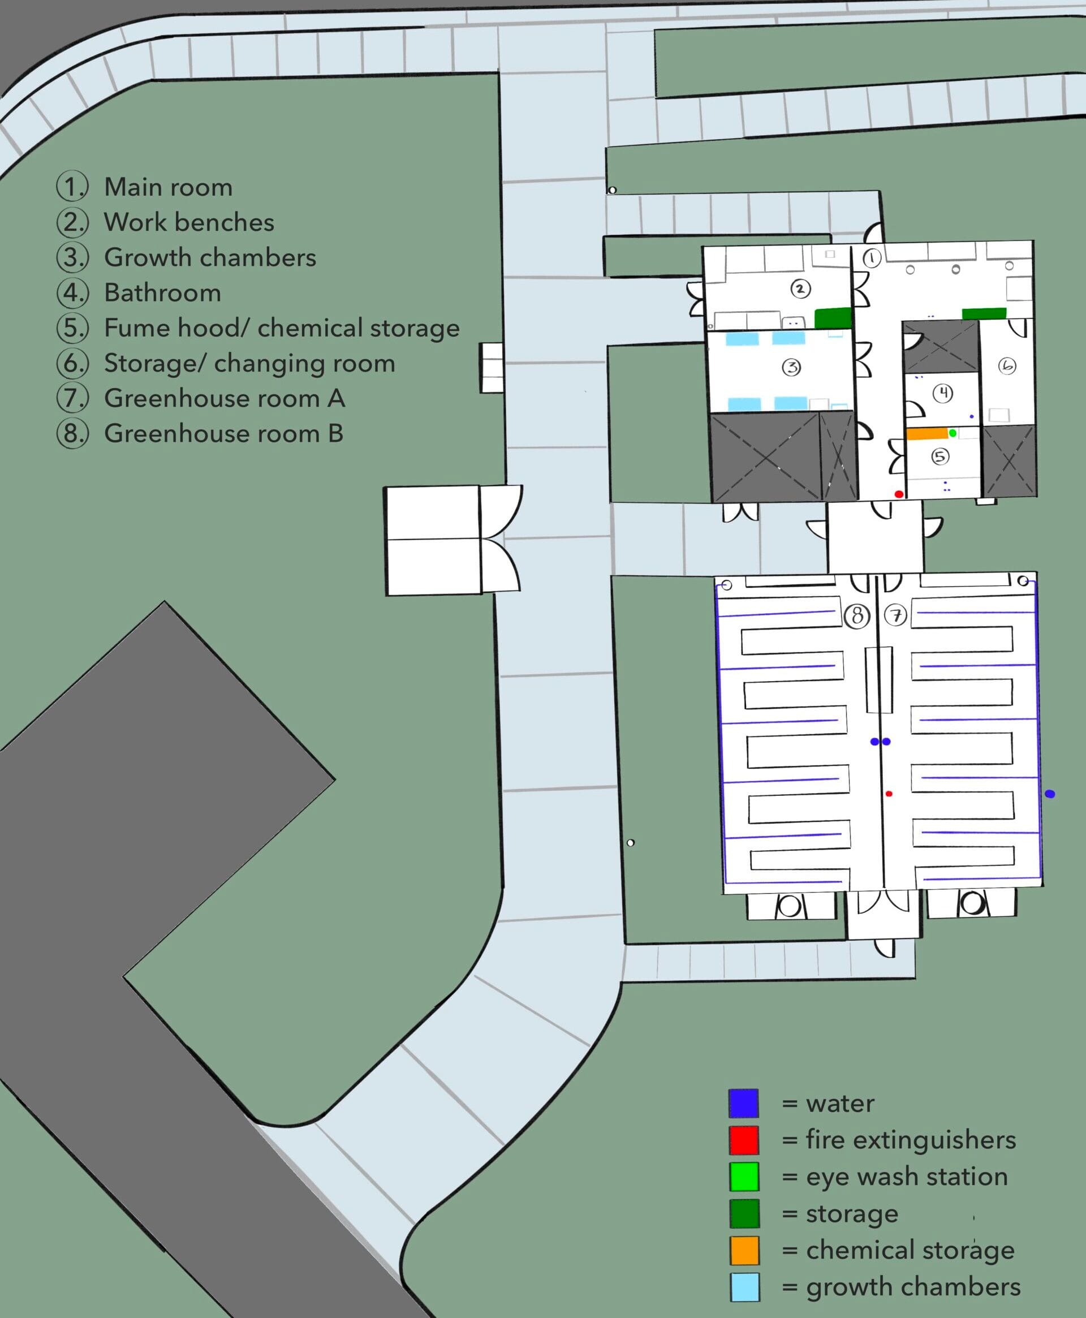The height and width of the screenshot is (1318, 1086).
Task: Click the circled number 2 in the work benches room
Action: tap(800, 288)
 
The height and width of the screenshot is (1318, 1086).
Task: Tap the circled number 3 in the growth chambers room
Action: tap(791, 367)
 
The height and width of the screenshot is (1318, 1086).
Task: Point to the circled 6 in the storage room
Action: tap(1007, 366)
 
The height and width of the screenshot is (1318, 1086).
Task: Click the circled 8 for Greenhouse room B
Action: tap(857, 616)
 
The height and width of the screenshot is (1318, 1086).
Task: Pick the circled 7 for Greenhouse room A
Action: tap(895, 615)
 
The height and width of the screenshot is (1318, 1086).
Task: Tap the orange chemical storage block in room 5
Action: tap(927, 433)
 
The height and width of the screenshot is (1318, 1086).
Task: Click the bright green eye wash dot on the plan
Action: tap(952, 433)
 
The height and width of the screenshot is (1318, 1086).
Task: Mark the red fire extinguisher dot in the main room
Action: tap(899, 494)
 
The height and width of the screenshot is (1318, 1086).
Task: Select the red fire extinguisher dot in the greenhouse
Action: tap(889, 794)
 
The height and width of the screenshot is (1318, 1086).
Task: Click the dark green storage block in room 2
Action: tap(833, 318)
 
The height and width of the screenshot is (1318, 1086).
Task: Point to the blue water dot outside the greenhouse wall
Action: tap(1050, 794)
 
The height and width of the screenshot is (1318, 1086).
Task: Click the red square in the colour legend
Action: tap(744, 1140)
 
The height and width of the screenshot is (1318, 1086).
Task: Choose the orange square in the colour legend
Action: tap(744, 1251)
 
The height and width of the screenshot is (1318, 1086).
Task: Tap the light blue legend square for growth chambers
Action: tap(744, 1287)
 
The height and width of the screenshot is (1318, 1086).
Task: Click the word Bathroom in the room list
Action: tap(163, 293)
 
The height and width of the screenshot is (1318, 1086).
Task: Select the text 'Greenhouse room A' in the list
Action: tap(225, 398)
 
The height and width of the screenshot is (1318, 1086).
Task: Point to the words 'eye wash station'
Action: tap(907, 1177)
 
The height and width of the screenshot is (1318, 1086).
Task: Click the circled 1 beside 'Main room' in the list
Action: tap(72, 187)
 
